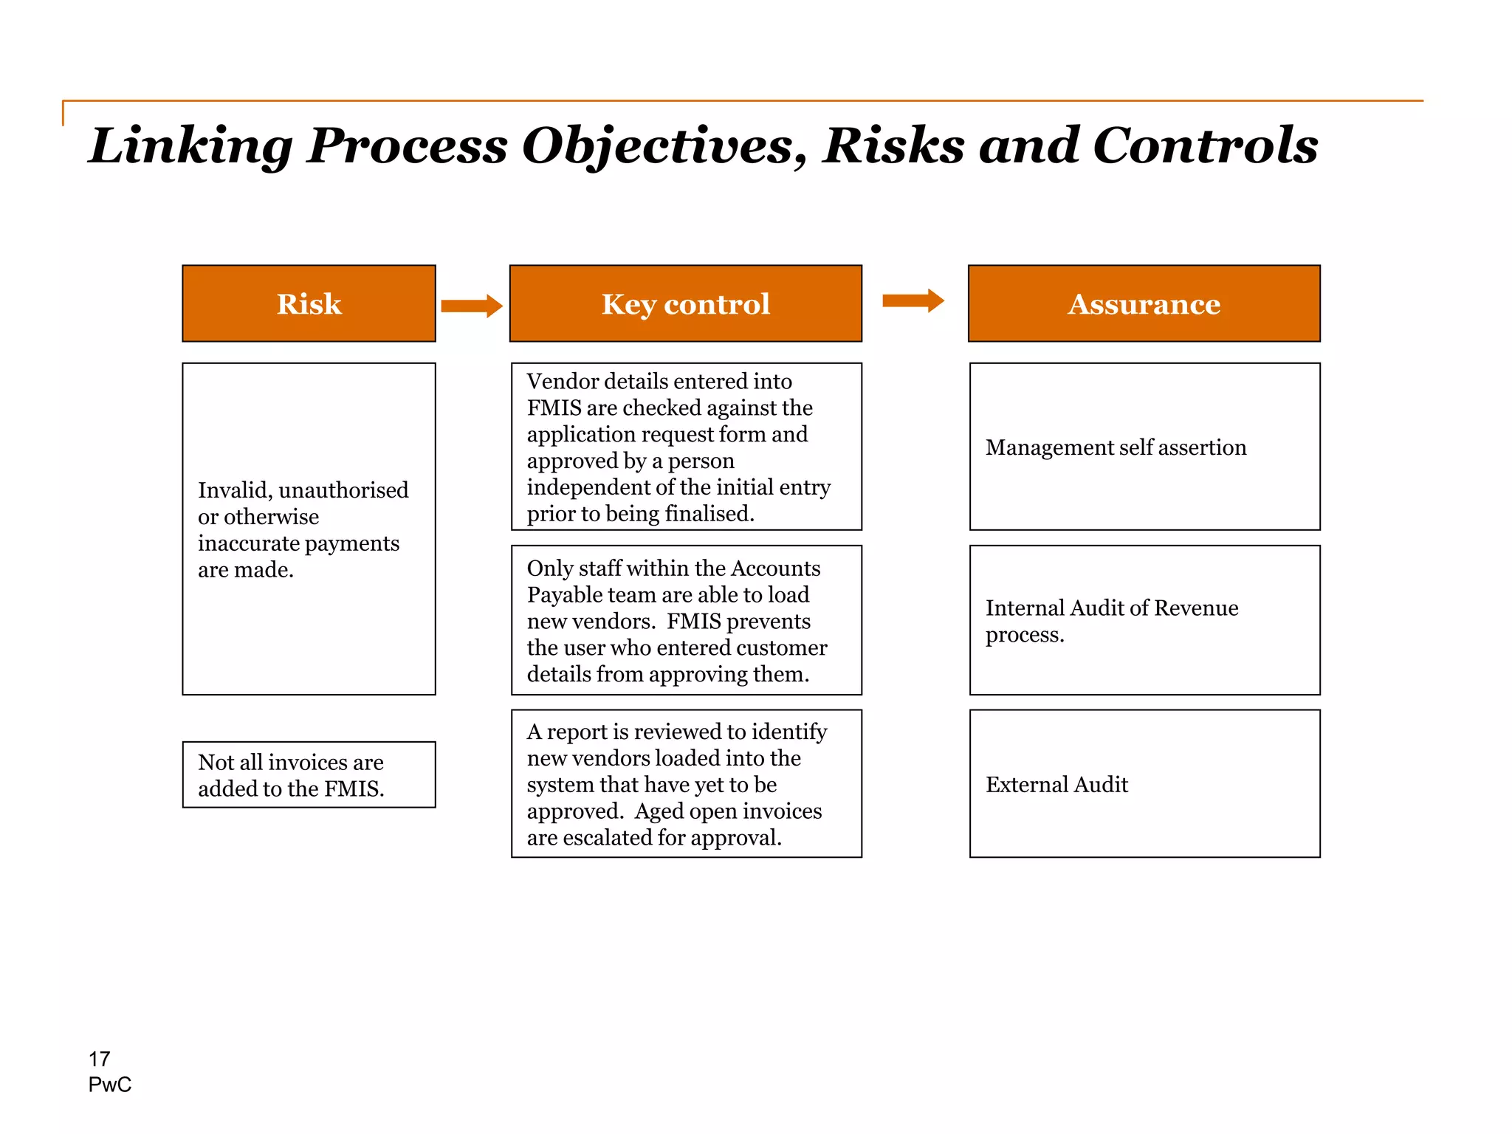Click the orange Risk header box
309,303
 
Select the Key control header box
685,303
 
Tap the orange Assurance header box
1144,303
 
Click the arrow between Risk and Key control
472,306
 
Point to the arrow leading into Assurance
913,300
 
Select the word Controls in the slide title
1205,145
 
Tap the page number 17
99,1059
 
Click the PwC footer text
110,1085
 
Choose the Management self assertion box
1144,447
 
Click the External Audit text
1056,784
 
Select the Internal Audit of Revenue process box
1144,620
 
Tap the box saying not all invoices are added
309,774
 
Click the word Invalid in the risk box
235,490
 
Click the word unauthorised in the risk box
344,490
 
